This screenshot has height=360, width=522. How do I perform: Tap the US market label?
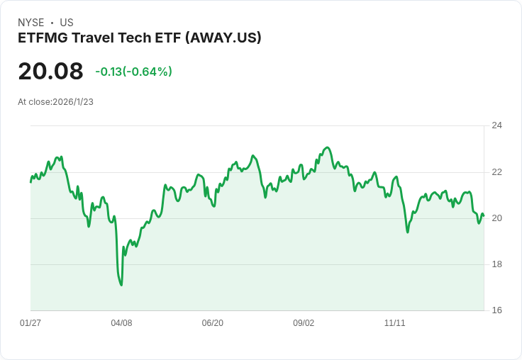tap(67, 23)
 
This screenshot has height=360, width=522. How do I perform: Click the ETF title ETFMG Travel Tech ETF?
tap(99, 38)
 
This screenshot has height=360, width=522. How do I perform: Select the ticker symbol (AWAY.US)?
tap(223, 38)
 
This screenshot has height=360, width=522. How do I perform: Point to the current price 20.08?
tap(50, 71)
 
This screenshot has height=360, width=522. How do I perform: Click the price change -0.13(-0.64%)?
tap(134, 72)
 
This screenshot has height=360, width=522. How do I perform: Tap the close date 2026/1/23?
tap(73, 102)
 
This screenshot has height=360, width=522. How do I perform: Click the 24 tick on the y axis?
tap(496, 125)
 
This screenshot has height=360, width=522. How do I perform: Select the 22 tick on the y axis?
tap(496, 172)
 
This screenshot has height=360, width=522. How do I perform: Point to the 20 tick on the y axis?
tap(496, 218)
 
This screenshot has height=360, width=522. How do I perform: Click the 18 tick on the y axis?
tap(496, 264)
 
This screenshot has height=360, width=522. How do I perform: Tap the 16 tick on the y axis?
tap(496, 310)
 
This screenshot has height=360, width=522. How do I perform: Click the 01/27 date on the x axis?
tap(30, 323)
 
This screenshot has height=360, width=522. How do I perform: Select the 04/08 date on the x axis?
tap(121, 323)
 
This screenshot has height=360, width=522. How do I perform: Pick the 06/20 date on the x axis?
tap(213, 323)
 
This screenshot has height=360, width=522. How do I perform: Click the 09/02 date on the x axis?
tap(304, 323)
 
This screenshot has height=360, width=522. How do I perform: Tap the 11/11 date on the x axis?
tap(394, 323)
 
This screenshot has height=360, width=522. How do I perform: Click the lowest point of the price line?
tap(121, 285)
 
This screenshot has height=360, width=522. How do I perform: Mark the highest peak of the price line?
tap(327, 147)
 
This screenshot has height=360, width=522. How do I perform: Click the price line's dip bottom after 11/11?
tap(408, 232)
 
